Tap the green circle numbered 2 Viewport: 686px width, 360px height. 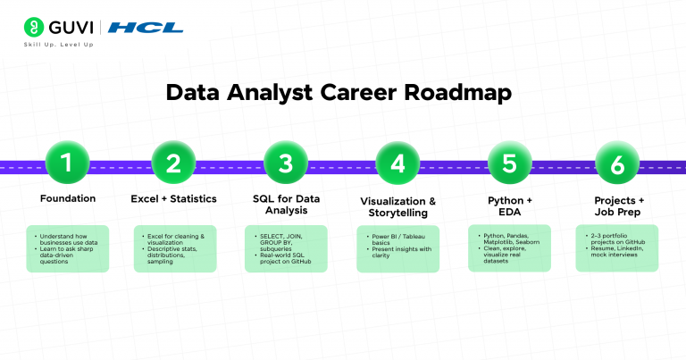point(173,163)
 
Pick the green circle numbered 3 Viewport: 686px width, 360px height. point(286,163)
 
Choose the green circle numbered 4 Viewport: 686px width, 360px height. point(397,163)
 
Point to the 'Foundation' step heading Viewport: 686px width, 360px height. point(68,198)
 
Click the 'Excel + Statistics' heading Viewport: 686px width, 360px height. point(174,198)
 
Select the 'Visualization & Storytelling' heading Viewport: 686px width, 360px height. point(397,207)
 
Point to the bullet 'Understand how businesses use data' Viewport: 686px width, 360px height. point(70,238)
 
